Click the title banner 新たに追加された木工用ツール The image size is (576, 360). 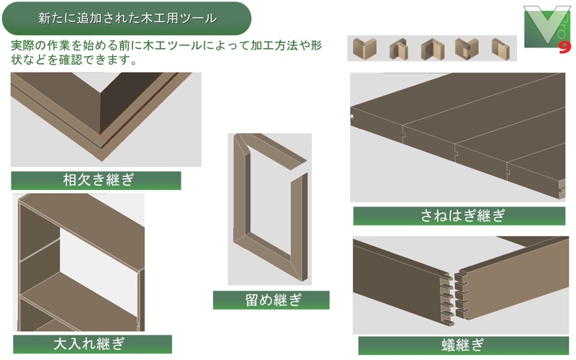(127, 19)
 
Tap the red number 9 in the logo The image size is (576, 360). (565, 48)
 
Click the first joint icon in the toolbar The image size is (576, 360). (364, 48)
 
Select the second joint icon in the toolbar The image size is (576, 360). (399, 49)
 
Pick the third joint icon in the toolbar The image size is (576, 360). (433, 49)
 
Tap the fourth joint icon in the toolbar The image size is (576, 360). (467, 48)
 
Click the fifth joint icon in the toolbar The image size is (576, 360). (500, 48)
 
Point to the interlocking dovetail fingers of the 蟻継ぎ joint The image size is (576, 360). (454, 298)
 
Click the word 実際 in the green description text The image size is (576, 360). (23, 45)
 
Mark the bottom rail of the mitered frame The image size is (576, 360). (269, 257)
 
